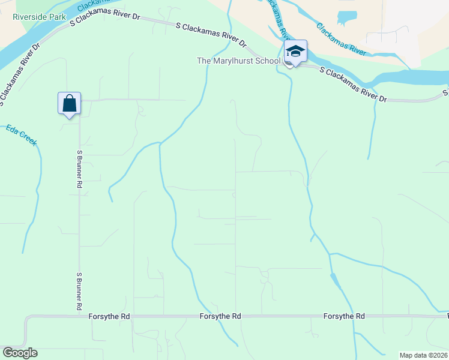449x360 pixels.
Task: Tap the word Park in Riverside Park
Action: [58, 17]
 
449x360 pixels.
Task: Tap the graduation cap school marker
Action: [295, 51]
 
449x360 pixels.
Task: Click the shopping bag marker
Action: [70, 103]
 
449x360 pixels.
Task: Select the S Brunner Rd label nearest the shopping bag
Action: [79, 169]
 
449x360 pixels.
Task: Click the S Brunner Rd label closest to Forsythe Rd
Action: [79, 291]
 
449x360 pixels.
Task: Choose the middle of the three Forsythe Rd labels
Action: [220, 316]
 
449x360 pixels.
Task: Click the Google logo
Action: [20, 353]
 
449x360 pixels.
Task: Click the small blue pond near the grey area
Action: [346, 18]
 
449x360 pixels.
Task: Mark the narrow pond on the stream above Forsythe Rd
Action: [334, 280]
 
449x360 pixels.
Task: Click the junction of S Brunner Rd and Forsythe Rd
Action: [79, 316]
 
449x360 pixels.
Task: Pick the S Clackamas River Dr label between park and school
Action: [211, 35]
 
